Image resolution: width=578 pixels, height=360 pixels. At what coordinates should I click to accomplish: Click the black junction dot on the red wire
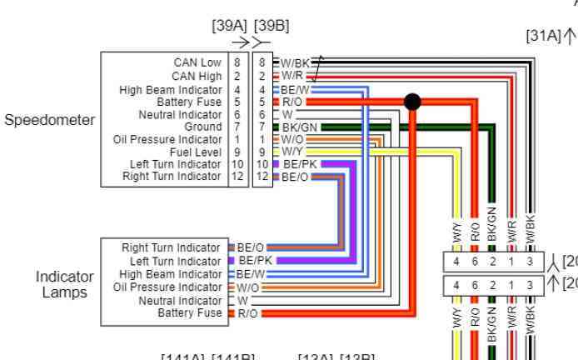[412, 102]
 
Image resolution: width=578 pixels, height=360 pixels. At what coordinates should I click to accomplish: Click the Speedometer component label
[50, 120]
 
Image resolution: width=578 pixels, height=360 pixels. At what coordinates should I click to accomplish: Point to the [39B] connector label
[272, 26]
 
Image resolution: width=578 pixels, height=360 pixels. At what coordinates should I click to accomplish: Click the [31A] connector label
[543, 36]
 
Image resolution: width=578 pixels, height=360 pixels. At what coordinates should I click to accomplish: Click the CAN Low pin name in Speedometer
[197, 62]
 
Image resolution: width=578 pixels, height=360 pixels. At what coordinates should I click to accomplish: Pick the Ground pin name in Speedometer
[203, 127]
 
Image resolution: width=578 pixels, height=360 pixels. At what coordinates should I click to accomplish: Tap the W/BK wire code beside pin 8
[294, 62]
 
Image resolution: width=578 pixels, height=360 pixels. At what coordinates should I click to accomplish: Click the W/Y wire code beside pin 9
[292, 152]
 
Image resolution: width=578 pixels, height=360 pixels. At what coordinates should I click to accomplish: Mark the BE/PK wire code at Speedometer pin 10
[298, 165]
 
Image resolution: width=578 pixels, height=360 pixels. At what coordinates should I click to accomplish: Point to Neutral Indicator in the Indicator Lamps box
[180, 300]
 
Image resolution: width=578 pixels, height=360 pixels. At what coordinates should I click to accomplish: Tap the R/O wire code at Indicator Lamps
[247, 313]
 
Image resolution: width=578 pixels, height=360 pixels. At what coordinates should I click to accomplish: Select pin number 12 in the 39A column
[238, 177]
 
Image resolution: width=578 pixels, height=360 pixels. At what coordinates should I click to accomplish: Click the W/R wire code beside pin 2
[292, 76]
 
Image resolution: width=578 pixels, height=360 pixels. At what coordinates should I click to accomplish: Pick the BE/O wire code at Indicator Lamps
[250, 247]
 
